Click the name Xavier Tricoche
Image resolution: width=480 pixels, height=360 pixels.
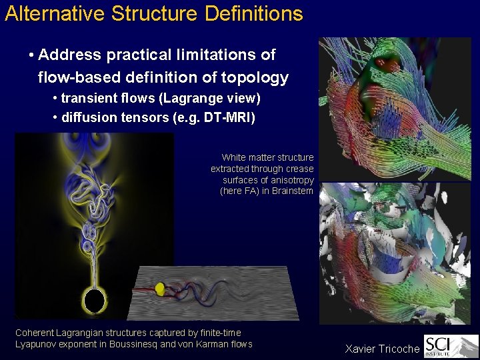click(382, 349)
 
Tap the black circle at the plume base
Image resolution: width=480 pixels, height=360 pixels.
click(95, 300)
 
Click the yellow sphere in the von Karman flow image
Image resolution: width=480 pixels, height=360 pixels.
click(160, 288)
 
